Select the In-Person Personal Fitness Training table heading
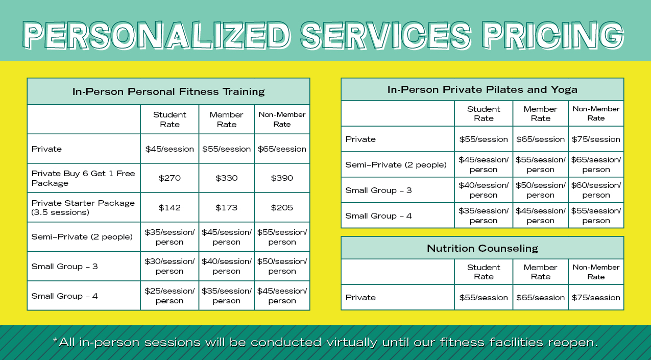tap(168, 92)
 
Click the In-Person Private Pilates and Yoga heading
tap(482, 90)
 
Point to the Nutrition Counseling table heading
tap(482, 249)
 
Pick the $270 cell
tap(170, 178)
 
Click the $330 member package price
tap(226, 178)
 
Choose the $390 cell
tap(282, 178)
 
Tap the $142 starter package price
tap(170, 208)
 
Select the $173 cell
tap(226, 208)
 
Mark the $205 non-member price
tap(282, 208)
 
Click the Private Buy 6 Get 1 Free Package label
tap(83, 178)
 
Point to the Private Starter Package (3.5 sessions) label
tap(83, 208)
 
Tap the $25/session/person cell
tap(170, 296)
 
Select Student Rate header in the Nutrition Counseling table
tap(484, 272)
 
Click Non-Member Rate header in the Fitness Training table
tap(282, 119)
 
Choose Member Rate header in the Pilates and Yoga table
tap(540, 114)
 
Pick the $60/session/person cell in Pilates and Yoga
tap(596, 190)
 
